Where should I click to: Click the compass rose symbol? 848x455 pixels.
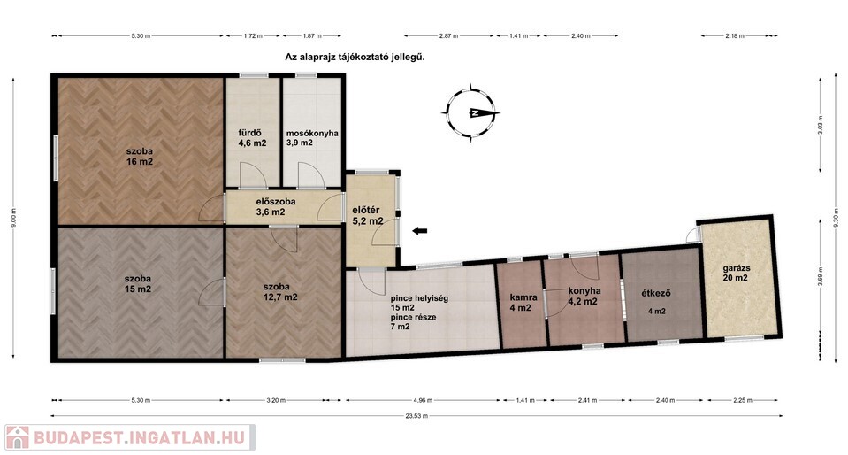(470, 112)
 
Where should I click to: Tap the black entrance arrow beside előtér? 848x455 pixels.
(420, 231)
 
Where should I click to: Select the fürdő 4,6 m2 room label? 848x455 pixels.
(253, 138)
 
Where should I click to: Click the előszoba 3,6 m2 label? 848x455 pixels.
(275, 206)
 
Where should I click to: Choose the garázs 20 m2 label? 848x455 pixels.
(736, 273)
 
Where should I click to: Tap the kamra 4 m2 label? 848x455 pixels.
(523, 302)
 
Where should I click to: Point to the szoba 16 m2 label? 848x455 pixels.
(140, 157)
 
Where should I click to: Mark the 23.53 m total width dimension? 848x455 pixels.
(416, 416)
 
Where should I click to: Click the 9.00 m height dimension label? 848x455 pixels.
(13, 218)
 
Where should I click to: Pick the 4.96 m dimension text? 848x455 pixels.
(423, 401)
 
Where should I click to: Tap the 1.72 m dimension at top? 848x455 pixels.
(253, 35)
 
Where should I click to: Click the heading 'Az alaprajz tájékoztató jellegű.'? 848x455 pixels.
(355, 57)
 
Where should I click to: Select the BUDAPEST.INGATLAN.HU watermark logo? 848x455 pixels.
(129, 437)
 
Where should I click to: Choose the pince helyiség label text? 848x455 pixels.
(419, 298)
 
